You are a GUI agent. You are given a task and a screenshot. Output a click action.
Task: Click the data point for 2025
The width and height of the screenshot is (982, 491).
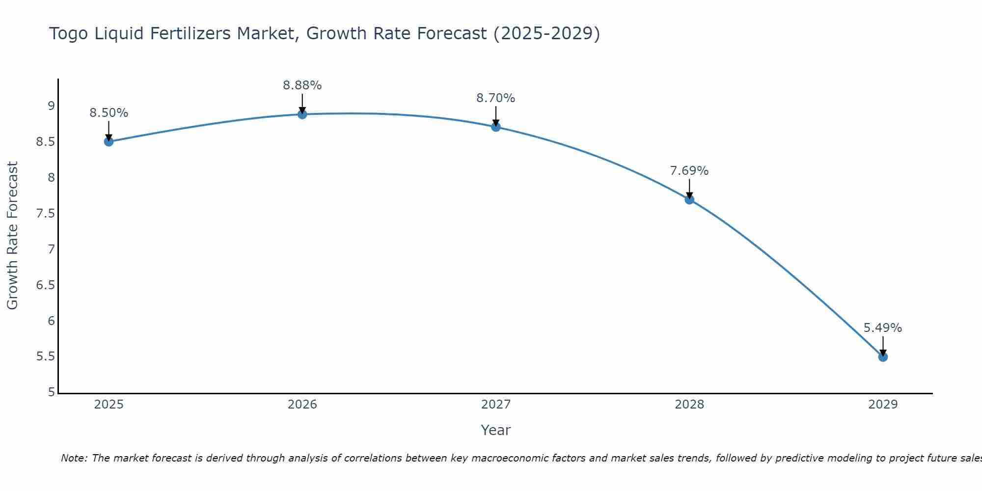109,142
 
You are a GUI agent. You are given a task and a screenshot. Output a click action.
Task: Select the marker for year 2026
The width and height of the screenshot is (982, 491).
302,114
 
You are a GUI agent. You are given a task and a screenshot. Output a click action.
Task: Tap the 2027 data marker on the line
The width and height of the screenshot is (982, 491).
496,127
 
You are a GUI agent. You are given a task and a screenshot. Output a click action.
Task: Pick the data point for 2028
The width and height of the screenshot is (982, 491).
689,199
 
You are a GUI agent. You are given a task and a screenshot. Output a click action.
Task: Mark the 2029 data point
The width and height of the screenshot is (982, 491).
883,357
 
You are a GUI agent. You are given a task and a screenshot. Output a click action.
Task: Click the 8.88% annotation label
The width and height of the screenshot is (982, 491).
302,85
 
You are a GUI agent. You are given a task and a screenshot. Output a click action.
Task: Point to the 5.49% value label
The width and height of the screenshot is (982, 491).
883,328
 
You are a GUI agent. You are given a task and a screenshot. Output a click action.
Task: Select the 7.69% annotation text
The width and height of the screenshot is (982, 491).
689,171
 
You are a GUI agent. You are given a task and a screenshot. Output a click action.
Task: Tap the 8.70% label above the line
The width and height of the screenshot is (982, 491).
496,98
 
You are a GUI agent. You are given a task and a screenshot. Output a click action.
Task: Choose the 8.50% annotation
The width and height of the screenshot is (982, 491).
109,113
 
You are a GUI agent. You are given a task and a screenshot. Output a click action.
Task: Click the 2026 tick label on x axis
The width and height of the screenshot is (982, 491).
302,405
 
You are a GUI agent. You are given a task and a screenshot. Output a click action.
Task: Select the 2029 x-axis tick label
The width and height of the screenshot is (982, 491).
883,405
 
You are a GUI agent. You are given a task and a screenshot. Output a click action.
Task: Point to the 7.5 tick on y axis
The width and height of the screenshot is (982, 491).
45,214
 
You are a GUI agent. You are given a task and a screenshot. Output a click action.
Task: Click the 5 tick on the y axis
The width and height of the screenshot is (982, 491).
51,392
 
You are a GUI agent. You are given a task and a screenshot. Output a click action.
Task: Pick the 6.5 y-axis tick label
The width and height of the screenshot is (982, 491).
45,285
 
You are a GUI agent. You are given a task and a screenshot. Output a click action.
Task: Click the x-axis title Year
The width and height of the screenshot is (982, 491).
496,430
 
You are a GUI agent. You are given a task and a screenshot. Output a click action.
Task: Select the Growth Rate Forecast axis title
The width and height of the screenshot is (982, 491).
12,236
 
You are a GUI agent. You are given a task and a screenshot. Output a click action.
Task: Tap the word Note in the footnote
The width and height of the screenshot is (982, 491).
73,458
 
